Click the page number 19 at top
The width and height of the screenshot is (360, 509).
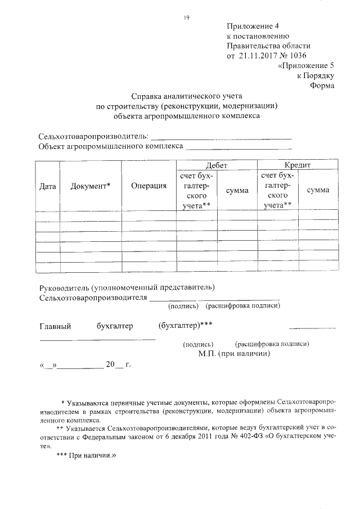pos(186,17)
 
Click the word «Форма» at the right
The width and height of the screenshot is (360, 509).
pos(322,85)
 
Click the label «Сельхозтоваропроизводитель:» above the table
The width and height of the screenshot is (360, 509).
pos(93,137)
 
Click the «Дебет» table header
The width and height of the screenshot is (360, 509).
pos(217,165)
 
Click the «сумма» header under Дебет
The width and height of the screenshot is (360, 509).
pos(237,191)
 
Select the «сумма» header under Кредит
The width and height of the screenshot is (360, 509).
pos(318,191)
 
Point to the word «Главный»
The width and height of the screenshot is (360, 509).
pos(55,326)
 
